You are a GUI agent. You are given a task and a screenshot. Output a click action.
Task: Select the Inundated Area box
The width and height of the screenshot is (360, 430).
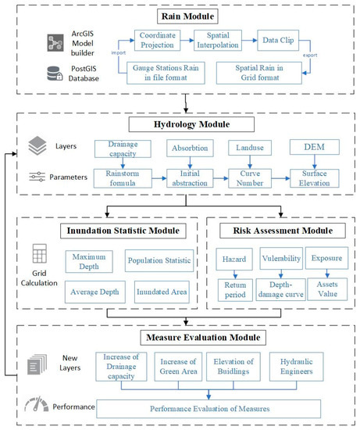tap(162, 292)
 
